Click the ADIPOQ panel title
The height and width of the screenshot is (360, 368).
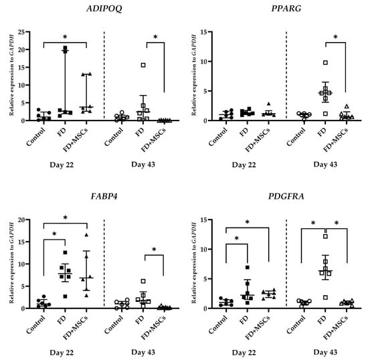104,9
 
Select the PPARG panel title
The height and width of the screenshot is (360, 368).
286,9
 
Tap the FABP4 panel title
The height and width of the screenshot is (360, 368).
104,196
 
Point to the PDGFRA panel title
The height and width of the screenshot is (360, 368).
286,196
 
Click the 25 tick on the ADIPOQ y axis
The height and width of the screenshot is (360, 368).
21,32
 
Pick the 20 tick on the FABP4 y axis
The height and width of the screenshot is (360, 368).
21,219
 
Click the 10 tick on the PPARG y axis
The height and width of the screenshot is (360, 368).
203,62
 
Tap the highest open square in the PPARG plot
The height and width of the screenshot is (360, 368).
326,63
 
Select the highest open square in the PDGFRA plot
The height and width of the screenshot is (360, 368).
326,236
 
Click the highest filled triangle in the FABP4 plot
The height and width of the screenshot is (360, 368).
86,235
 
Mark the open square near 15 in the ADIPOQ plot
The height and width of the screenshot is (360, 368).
143,65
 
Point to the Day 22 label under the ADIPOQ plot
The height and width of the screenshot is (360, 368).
62,165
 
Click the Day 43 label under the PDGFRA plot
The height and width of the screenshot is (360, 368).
325,352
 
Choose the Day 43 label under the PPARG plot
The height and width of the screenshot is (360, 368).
325,165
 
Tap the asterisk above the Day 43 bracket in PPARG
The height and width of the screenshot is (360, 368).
335,37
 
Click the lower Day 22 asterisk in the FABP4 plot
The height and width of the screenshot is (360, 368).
54,234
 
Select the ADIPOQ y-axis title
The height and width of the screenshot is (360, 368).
11,75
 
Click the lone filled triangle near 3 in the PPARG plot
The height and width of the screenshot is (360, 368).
269,104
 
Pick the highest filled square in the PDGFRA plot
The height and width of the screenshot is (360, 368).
248,267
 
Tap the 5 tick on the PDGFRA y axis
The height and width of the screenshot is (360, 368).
205,279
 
